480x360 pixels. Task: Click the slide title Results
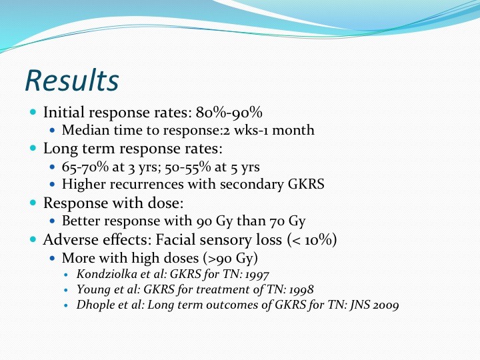click(72, 81)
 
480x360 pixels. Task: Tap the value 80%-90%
click(229, 113)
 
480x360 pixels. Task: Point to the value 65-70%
click(85, 167)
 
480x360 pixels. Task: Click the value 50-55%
click(187, 167)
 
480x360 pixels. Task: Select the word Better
click(81, 221)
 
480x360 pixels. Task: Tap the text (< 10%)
click(312, 240)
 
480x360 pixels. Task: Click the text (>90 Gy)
click(231, 259)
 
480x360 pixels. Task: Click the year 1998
click(301, 289)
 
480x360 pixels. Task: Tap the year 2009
click(386, 305)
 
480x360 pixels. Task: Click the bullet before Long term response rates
click(33, 148)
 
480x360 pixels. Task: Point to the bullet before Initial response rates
click(33, 112)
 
